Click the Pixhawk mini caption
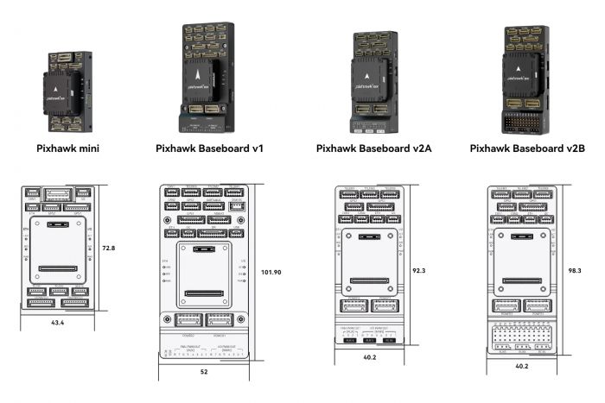coord(67,148)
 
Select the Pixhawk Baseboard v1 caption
coord(209,148)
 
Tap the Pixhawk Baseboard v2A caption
coord(373,148)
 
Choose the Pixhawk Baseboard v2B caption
coord(527,148)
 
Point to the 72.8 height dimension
coord(109,248)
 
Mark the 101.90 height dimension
coord(271,272)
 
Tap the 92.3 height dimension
coord(419,270)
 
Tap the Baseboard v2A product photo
coord(373,84)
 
